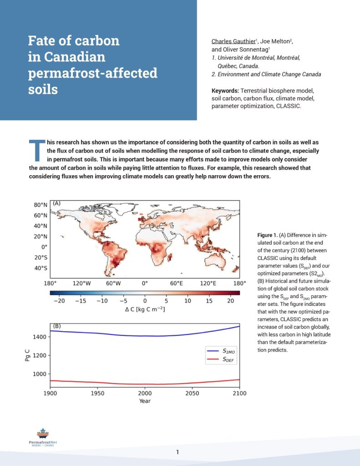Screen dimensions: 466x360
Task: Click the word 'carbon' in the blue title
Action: pyautogui.click(x=98, y=41)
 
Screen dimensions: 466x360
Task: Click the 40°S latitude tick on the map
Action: pyautogui.click(x=41, y=268)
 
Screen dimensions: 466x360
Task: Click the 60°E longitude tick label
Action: pyautogui.click(x=176, y=283)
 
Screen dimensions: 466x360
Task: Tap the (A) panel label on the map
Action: pyautogui.click(x=57, y=203)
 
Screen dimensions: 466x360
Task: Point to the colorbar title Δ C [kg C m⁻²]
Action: pyautogui.click(x=145, y=309)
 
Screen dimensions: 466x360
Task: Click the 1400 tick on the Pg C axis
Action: pyautogui.click(x=40, y=337)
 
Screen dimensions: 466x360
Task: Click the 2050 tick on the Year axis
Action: pyautogui.click(x=193, y=392)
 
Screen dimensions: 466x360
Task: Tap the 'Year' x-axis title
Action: pyautogui.click(x=145, y=401)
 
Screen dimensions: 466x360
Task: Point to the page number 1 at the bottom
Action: pyautogui.click(x=177, y=452)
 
